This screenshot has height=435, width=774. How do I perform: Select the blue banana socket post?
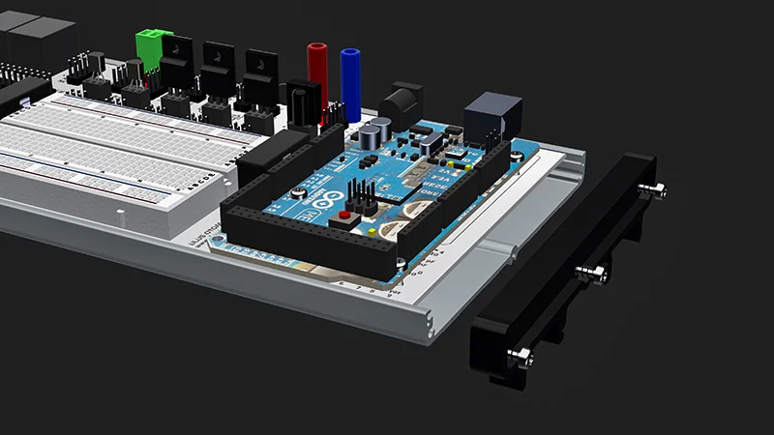349,77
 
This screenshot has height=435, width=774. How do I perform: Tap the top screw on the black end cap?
657,189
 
